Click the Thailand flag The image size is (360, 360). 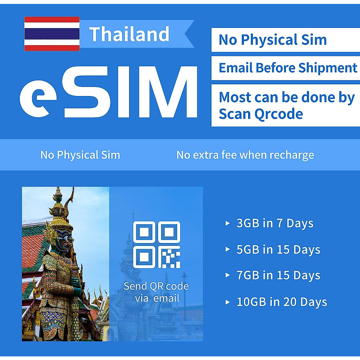pyautogui.click(x=52, y=34)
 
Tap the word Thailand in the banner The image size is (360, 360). pyautogui.click(x=129, y=34)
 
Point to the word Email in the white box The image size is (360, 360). pyautogui.click(x=236, y=68)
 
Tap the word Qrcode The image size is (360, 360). pyautogui.click(x=279, y=114)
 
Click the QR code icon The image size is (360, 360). pyautogui.click(x=157, y=244)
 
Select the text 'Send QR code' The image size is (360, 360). pyautogui.click(x=156, y=286)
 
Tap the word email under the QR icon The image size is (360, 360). pyautogui.click(x=166, y=298)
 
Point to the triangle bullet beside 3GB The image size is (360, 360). pyautogui.click(x=228, y=223)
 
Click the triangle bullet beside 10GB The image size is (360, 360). pyautogui.click(x=228, y=302)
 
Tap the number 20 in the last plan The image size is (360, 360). pyautogui.click(x=290, y=302)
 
